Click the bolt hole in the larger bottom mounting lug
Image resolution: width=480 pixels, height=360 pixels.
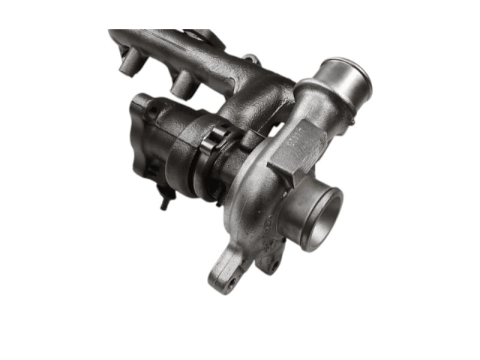[x=230, y=281]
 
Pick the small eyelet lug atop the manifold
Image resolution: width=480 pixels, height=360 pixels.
[x=252, y=59]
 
